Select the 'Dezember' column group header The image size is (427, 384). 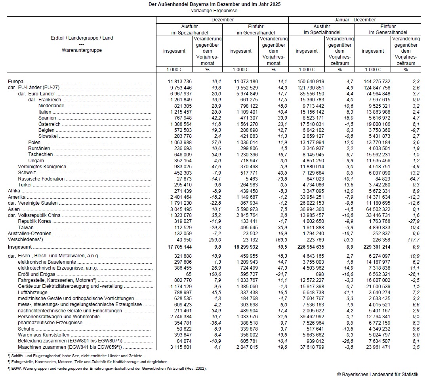(222, 20)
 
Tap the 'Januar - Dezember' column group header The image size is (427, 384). (355, 20)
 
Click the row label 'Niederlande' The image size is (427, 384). (51, 106)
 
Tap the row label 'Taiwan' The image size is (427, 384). (25, 227)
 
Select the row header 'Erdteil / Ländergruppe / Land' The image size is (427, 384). (82, 38)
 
